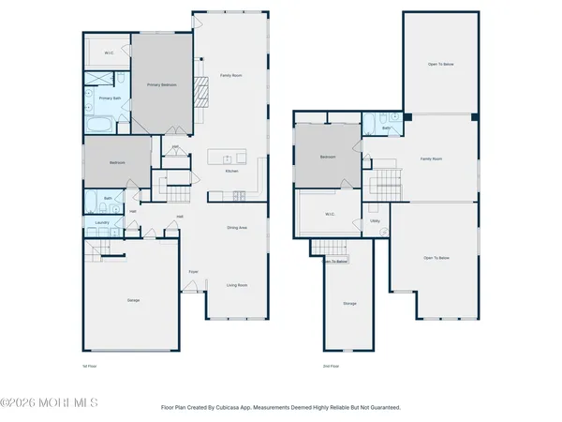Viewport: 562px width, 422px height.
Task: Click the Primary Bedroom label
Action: point(161,85)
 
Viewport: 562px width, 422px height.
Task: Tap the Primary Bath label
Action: point(111,98)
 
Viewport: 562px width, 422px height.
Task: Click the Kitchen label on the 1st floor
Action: point(231,172)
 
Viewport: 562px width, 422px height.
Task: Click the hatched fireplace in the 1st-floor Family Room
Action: point(200,95)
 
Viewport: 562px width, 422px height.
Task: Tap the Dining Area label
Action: point(236,228)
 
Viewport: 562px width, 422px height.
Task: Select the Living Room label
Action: point(236,285)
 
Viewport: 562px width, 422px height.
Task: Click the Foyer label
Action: point(193,272)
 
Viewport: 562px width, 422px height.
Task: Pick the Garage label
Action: point(134,300)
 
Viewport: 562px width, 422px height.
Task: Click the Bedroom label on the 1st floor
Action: point(117,162)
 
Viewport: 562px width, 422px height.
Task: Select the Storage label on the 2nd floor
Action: point(349,303)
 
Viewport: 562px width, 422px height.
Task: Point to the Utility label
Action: point(375,222)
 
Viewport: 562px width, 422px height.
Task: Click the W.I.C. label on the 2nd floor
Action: point(330,213)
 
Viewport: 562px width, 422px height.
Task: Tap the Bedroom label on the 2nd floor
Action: point(327,158)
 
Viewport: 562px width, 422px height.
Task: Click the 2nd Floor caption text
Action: point(331,365)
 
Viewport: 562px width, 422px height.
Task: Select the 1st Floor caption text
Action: point(91,365)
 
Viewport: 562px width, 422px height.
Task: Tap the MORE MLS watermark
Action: point(49,403)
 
